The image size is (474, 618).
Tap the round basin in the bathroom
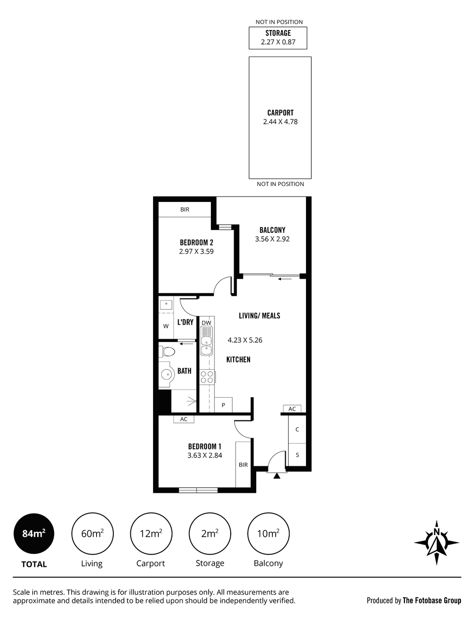click(x=167, y=374)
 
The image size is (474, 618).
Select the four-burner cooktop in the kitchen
click(x=207, y=377)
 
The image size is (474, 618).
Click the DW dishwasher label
click(x=207, y=322)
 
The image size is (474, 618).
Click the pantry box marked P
click(x=223, y=405)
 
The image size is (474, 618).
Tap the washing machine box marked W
click(x=166, y=326)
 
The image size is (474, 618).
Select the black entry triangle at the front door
click(x=277, y=475)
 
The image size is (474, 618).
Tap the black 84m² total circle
click(x=34, y=533)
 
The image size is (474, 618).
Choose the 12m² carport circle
click(x=151, y=533)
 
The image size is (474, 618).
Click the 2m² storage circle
click(x=210, y=533)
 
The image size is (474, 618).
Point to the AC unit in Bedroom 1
click(x=184, y=419)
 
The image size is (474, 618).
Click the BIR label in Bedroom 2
click(x=185, y=209)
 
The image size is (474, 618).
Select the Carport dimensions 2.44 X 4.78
click(x=280, y=122)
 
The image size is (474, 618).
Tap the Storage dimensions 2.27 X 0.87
click(x=278, y=42)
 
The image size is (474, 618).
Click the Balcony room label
click(x=272, y=230)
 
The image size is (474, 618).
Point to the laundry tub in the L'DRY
click(x=166, y=305)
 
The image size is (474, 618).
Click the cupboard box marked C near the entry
click(x=297, y=429)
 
